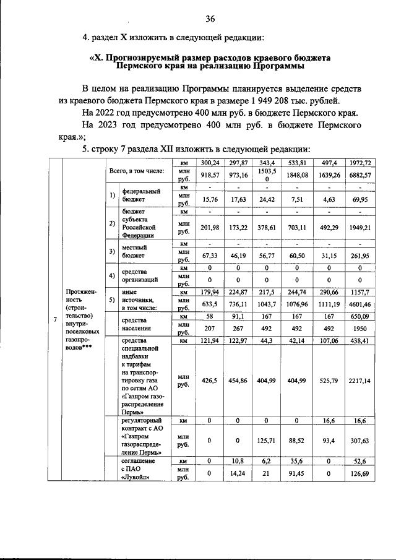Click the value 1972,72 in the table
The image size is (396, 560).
[x=359, y=163]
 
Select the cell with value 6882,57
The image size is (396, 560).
[x=359, y=176]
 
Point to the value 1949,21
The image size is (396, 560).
[x=359, y=227]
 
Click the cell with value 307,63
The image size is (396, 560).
[x=359, y=441]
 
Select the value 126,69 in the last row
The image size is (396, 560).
[x=359, y=474]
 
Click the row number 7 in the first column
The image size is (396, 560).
[x=55, y=319]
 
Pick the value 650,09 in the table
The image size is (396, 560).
[x=359, y=316]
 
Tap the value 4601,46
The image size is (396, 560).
[x=359, y=304]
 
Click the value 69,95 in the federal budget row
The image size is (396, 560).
[x=359, y=199]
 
